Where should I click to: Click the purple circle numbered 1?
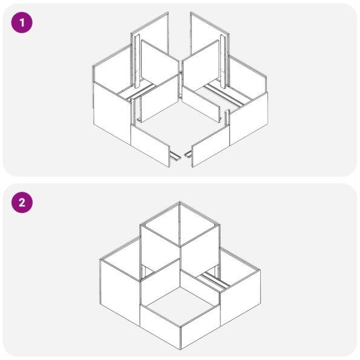click(x=22, y=22)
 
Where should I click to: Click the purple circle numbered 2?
click(x=22, y=203)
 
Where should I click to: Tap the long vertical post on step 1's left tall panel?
click(x=137, y=62)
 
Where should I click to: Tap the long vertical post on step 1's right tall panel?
click(x=223, y=62)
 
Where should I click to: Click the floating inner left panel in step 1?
click(x=160, y=80)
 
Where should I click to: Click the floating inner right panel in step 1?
click(x=201, y=80)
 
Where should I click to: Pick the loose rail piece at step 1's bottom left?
click(x=175, y=157)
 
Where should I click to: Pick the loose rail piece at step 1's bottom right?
click(x=188, y=155)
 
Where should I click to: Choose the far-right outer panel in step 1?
click(x=249, y=118)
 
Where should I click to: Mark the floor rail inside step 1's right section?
click(x=224, y=94)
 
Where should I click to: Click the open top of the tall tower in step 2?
click(x=180, y=224)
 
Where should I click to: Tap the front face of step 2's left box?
click(x=120, y=293)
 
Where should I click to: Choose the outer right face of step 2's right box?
click(x=240, y=298)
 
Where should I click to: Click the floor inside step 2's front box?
click(x=180, y=303)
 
